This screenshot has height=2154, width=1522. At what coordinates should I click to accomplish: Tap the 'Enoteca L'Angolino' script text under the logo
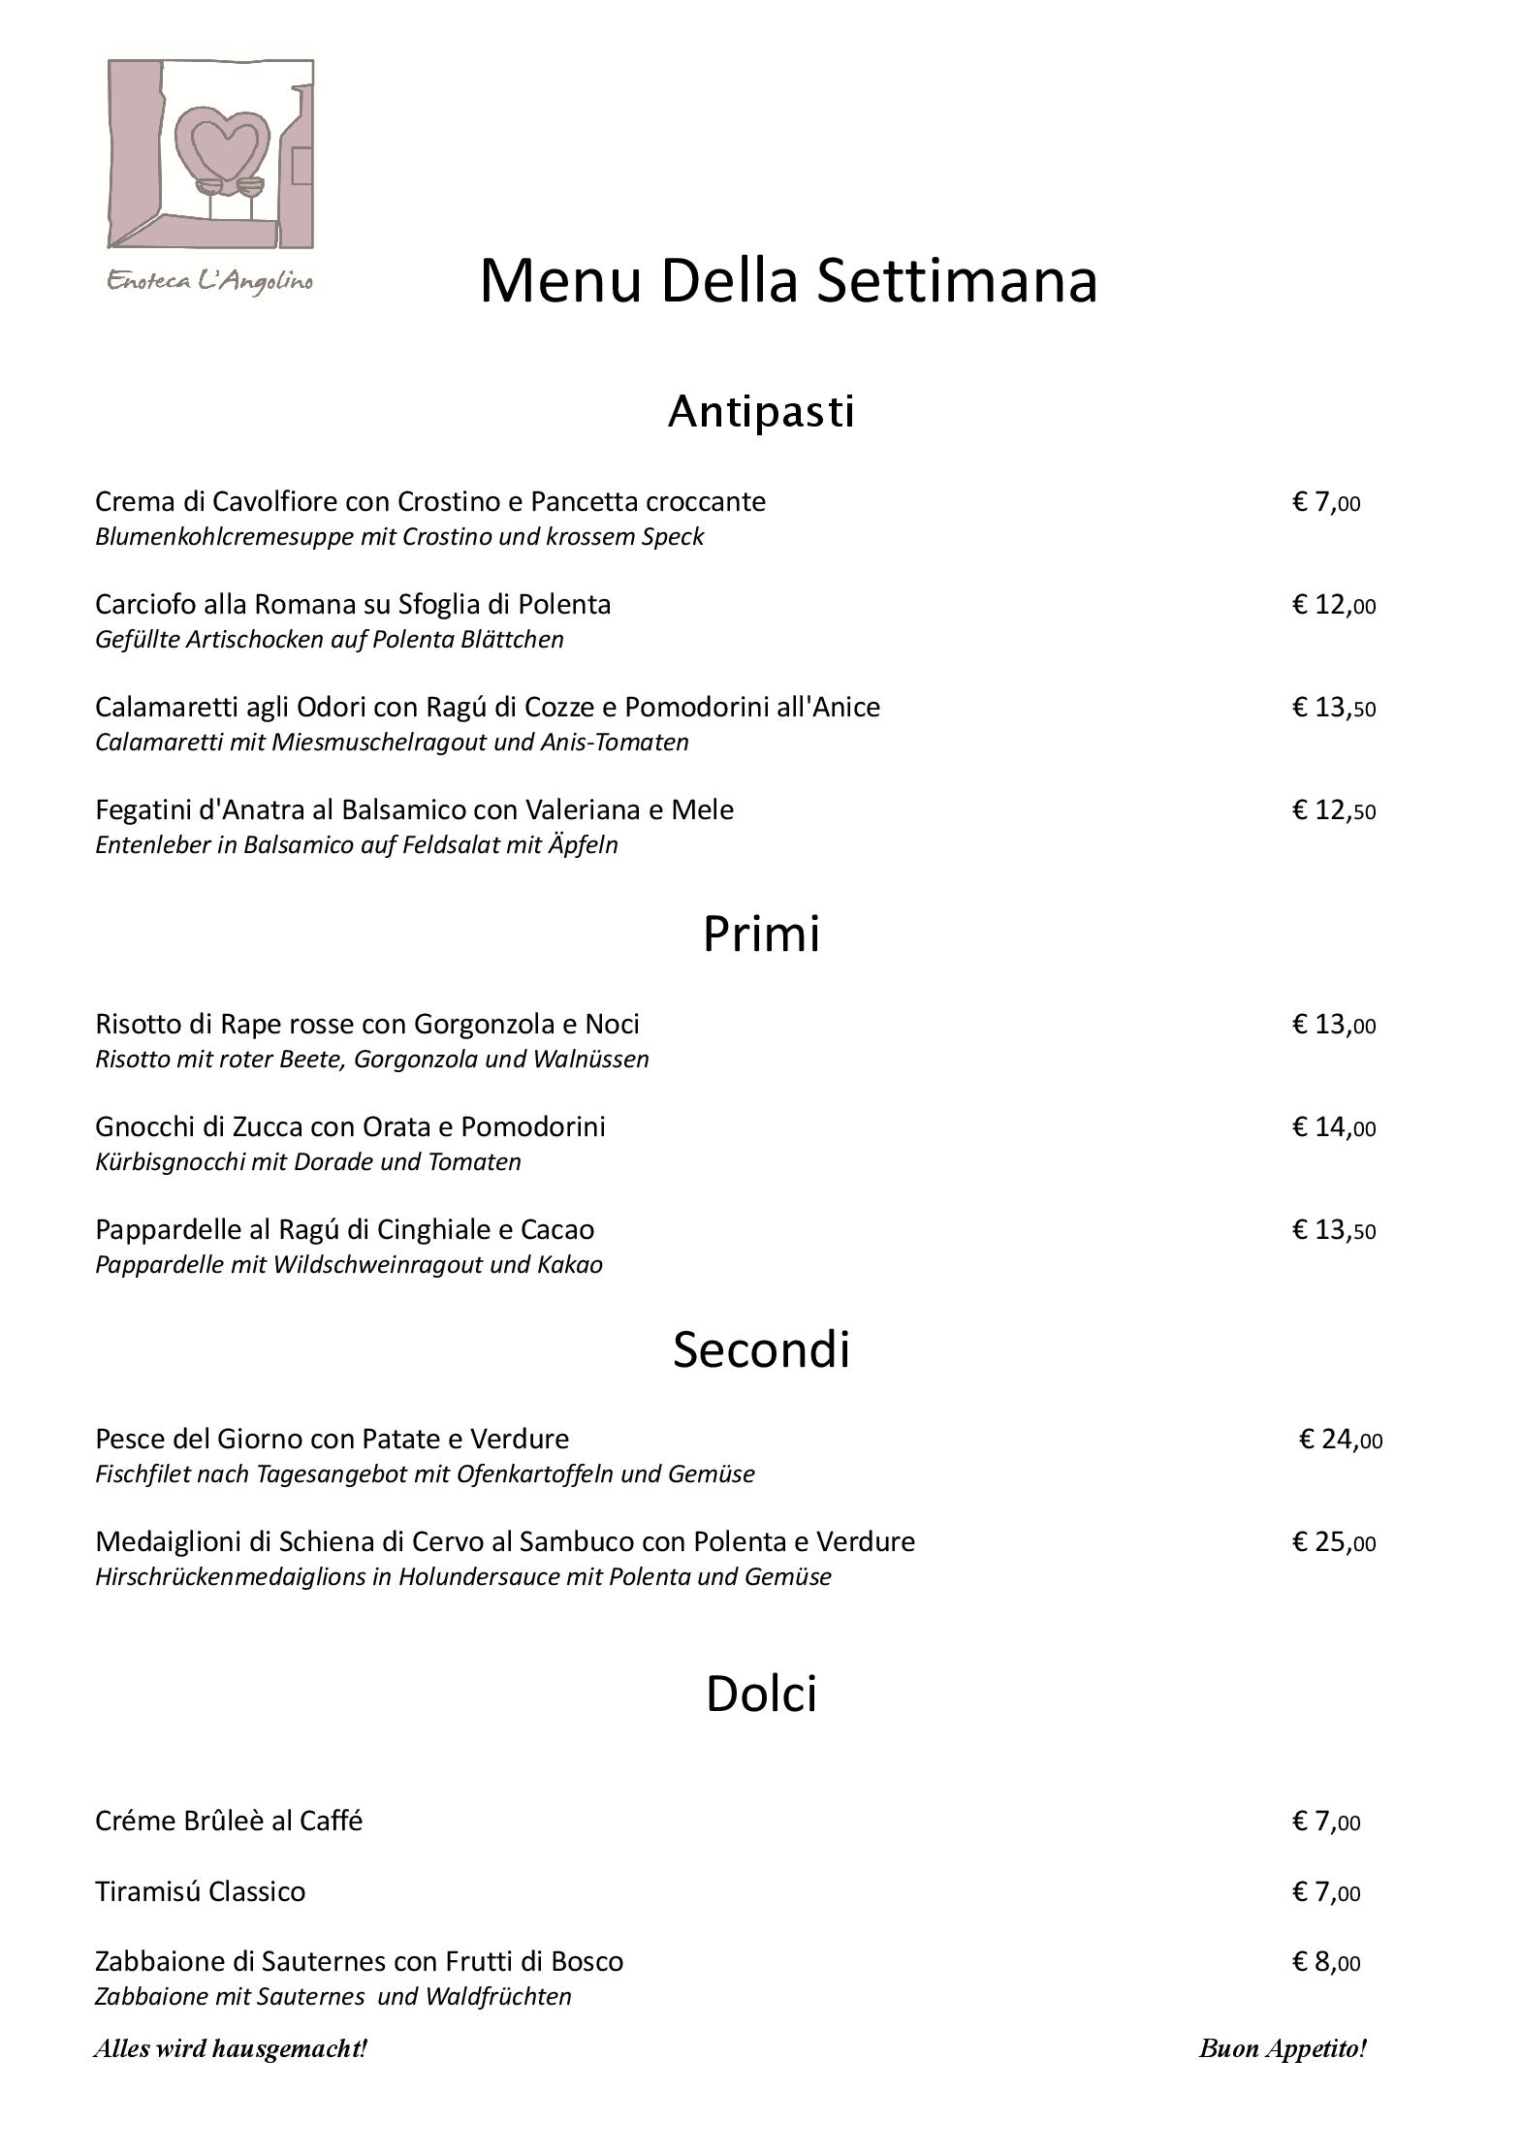[x=209, y=282]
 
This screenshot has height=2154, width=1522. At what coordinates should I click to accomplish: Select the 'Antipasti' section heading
[x=761, y=411]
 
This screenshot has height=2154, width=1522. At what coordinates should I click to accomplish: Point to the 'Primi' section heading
[x=761, y=933]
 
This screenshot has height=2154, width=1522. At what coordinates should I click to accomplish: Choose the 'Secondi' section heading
[x=761, y=1348]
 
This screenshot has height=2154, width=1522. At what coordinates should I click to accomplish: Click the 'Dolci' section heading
[x=761, y=1694]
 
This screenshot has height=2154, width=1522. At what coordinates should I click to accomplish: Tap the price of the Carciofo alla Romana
[x=1333, y=605]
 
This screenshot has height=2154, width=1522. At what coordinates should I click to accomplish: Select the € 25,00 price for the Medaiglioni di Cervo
[x=1333, y=1542]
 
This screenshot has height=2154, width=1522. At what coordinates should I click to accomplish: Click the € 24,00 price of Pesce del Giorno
[x=1340, y=1440]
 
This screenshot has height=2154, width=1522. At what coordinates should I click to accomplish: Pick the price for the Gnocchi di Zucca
[x=1333, y=1127]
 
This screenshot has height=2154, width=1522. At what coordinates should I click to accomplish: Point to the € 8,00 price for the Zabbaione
[x=1325, y=1962]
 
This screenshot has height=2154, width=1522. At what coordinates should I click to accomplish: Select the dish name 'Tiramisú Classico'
[x=200, y=1891]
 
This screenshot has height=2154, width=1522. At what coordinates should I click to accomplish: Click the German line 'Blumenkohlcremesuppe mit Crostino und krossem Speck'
[x=398, y=537]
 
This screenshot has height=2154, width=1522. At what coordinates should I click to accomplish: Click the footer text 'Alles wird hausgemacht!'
[x=231, y=2048]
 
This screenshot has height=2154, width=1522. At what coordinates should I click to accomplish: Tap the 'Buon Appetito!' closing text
[x=1282, y=2048]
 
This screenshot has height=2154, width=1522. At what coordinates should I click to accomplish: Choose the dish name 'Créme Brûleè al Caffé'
[x=229, y=1821]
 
